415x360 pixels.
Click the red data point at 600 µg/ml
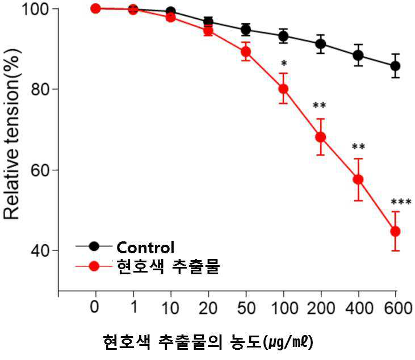pos(396,232)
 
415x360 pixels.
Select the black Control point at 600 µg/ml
pos(396,66)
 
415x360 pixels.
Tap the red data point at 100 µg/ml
pos(283,89)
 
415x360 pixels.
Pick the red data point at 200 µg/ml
pos(321,137)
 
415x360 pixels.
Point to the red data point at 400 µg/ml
pos(358,179)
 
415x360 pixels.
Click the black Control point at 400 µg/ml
pos(358,55)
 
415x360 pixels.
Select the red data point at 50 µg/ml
pos(246,51)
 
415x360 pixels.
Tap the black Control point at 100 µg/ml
pos(283,36)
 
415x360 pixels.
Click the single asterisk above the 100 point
pos(284,64)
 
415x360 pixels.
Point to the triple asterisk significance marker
pos(401,203)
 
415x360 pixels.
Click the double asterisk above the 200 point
pos(320,106)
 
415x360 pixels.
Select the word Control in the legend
pos(145,248)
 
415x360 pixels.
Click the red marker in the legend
pos(94,266)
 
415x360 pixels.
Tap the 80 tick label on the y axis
pos(41,90)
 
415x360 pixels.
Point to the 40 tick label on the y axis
pos(41,250)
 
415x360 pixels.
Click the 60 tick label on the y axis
pos(41,170)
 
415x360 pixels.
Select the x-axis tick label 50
pos(246,308)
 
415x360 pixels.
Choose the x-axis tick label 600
pos(399,308)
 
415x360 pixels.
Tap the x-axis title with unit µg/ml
pos(208,342)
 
